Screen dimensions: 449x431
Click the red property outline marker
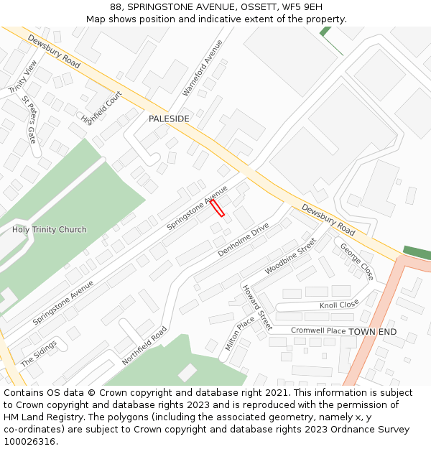[217, 208]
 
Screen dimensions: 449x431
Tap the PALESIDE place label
[169, 119]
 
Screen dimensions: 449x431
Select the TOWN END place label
[372, 332]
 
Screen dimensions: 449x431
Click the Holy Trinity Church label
[49, 230]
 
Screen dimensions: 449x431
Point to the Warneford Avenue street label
[203, 68]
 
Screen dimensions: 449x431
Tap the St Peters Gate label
[29, 119]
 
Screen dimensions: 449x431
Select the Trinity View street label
[22, 77]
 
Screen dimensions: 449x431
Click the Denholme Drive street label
[244, 239]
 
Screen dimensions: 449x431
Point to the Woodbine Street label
[290, 256]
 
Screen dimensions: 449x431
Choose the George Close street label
[357, 261]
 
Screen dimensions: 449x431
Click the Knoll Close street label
[338, 305]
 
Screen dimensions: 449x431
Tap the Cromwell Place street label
[318, 330]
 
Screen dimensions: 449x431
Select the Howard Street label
[256, 307]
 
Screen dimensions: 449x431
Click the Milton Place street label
[240, 333]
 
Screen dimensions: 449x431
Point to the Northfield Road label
[144, 346]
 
